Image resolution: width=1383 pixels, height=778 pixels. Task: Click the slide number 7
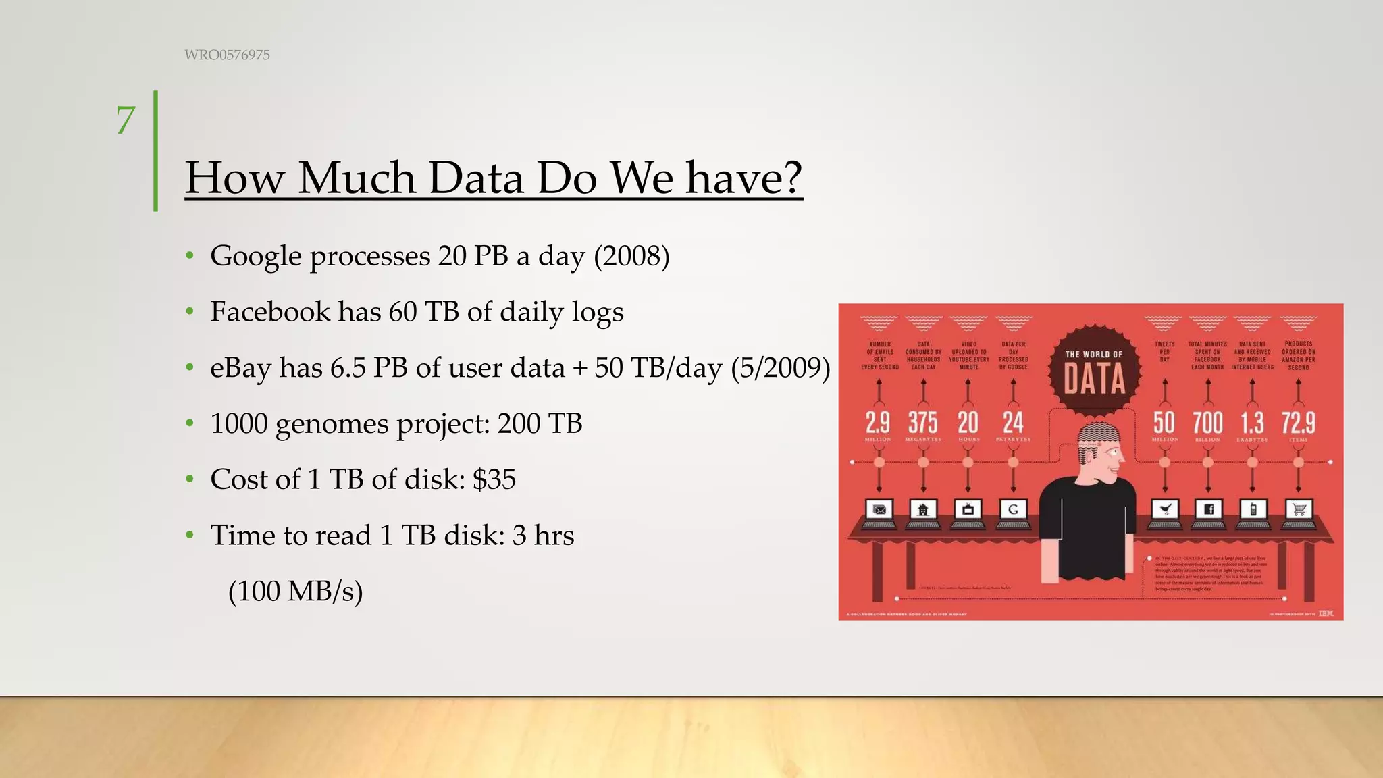click(126, 121)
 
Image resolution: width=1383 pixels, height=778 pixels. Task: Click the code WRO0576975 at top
click(227, 55)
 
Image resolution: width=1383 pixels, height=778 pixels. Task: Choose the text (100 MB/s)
click(296, 591)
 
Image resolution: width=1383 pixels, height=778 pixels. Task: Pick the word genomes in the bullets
click(332, 425)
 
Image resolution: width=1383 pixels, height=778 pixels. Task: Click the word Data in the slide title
click(475, 178)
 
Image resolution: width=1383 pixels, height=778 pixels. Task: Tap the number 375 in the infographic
click(922, 423)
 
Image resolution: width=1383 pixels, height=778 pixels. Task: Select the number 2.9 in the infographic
click(878, 423)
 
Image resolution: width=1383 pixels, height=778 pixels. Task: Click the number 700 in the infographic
click(1207, 423)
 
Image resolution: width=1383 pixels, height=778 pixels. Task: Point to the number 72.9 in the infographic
click(1298, 423)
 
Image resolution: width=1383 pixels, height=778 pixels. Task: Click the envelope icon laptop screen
click(879, 510)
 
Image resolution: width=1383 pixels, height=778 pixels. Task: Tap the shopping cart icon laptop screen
click(1298, 510)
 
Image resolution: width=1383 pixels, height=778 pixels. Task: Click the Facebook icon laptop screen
click(1208, 510)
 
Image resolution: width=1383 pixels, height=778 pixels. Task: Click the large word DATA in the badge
click(1094, 379)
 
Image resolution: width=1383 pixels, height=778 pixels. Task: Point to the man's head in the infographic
click(1097, 449)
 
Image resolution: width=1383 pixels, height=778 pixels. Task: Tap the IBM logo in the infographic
click(1326, 613)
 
